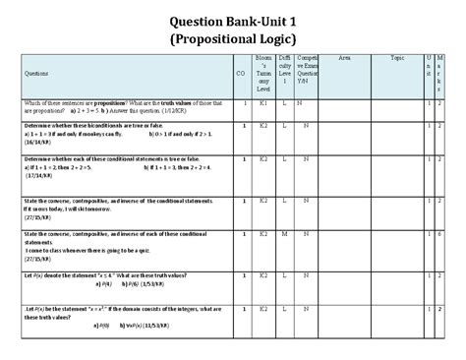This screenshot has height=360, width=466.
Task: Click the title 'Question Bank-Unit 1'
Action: pyautogui.click(x=232, y=17)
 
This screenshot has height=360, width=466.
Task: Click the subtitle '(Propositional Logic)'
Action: pyautogui.click(x=232, y=38)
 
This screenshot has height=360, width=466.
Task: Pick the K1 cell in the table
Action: pyautogui.click(x=263, y=102)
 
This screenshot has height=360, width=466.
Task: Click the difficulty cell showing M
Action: pyautogui.click(x=284, y=234)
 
